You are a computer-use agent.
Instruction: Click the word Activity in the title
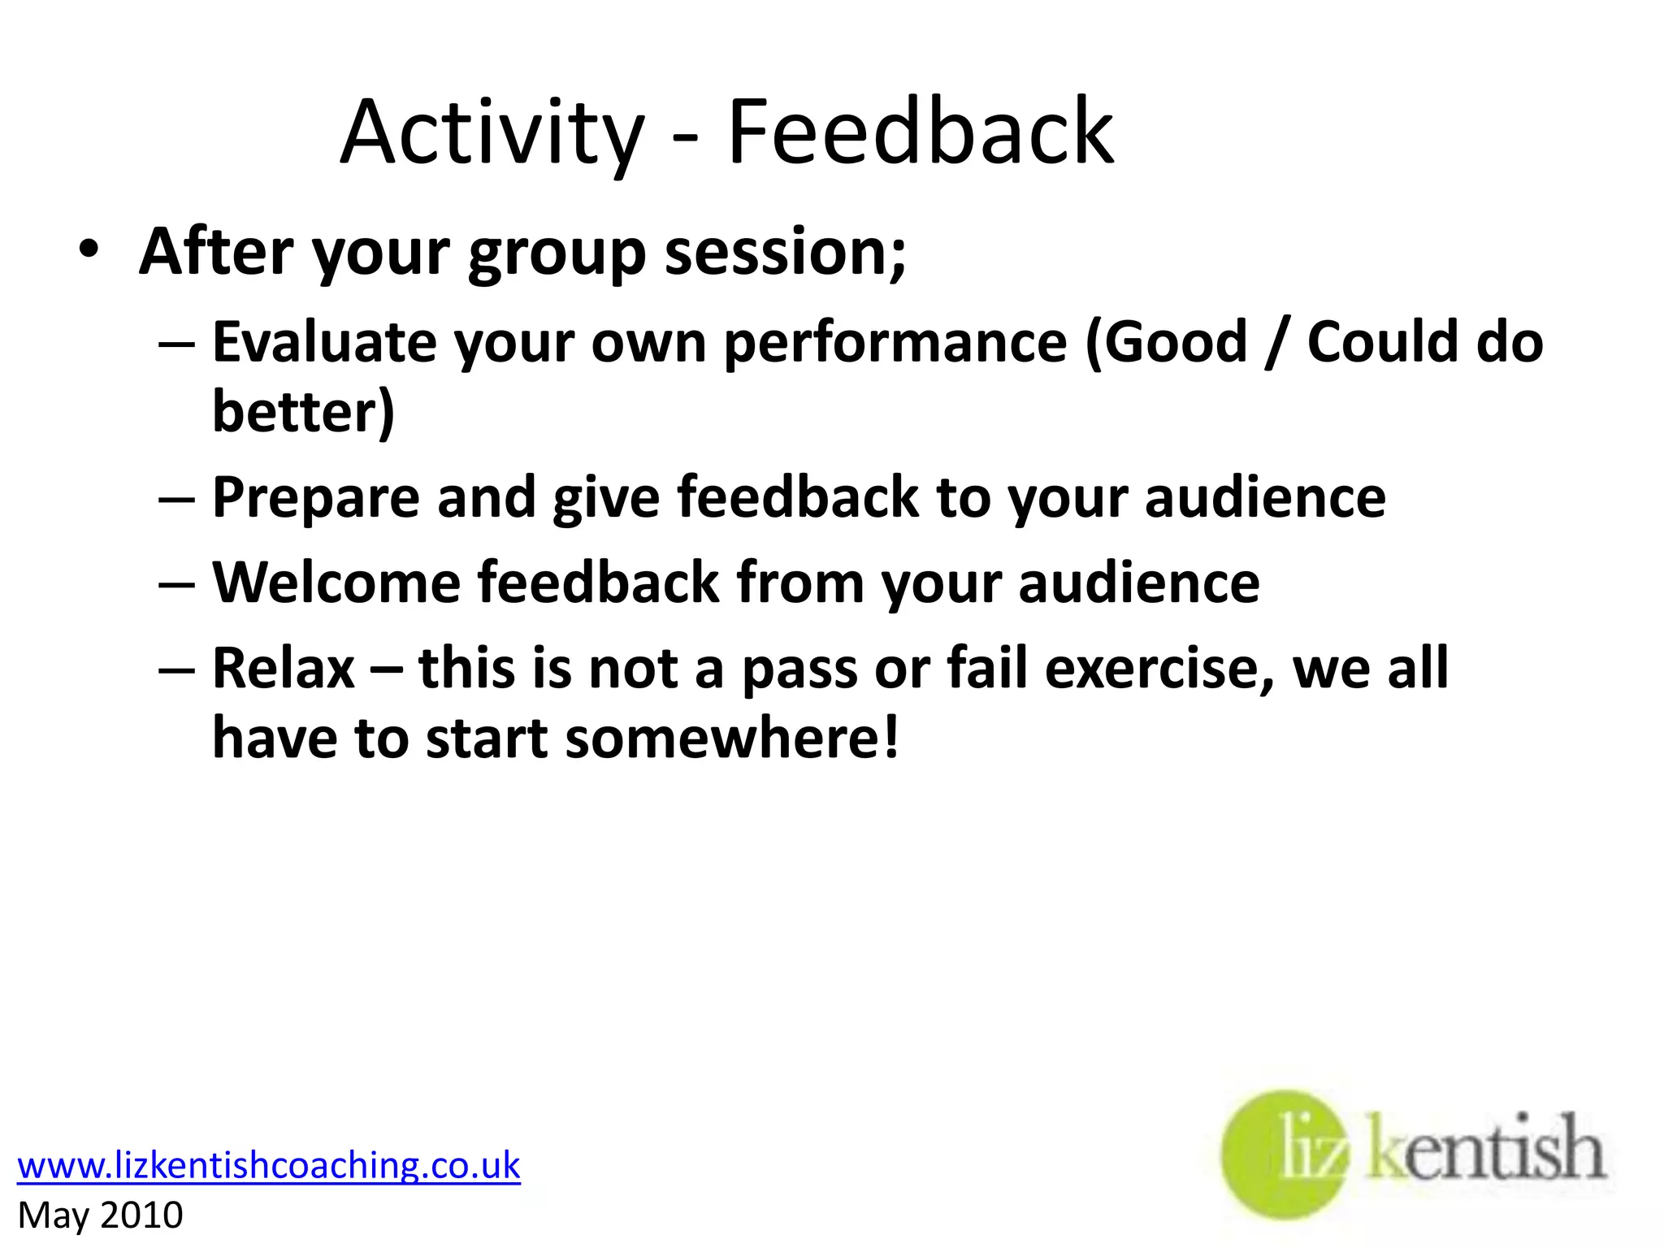coord(492,133)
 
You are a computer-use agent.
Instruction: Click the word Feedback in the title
coord(920,132)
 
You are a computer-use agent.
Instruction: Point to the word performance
coord(895,343)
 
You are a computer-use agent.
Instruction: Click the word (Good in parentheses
coord(1167,341)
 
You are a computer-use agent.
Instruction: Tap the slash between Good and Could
coord(1276,343)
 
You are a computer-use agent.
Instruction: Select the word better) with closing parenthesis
coord(303,411)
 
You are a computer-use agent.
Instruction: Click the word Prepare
coord(315,497)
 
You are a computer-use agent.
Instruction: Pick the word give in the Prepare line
coord(605,497)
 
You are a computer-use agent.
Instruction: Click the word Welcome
coord(336,583)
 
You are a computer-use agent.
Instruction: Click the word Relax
coord(284,668)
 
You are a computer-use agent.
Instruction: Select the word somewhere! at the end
coord(732,739)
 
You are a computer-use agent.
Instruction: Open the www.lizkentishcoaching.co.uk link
coord(268,1165)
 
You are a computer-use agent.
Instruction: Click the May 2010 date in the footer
coord(100,1215)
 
